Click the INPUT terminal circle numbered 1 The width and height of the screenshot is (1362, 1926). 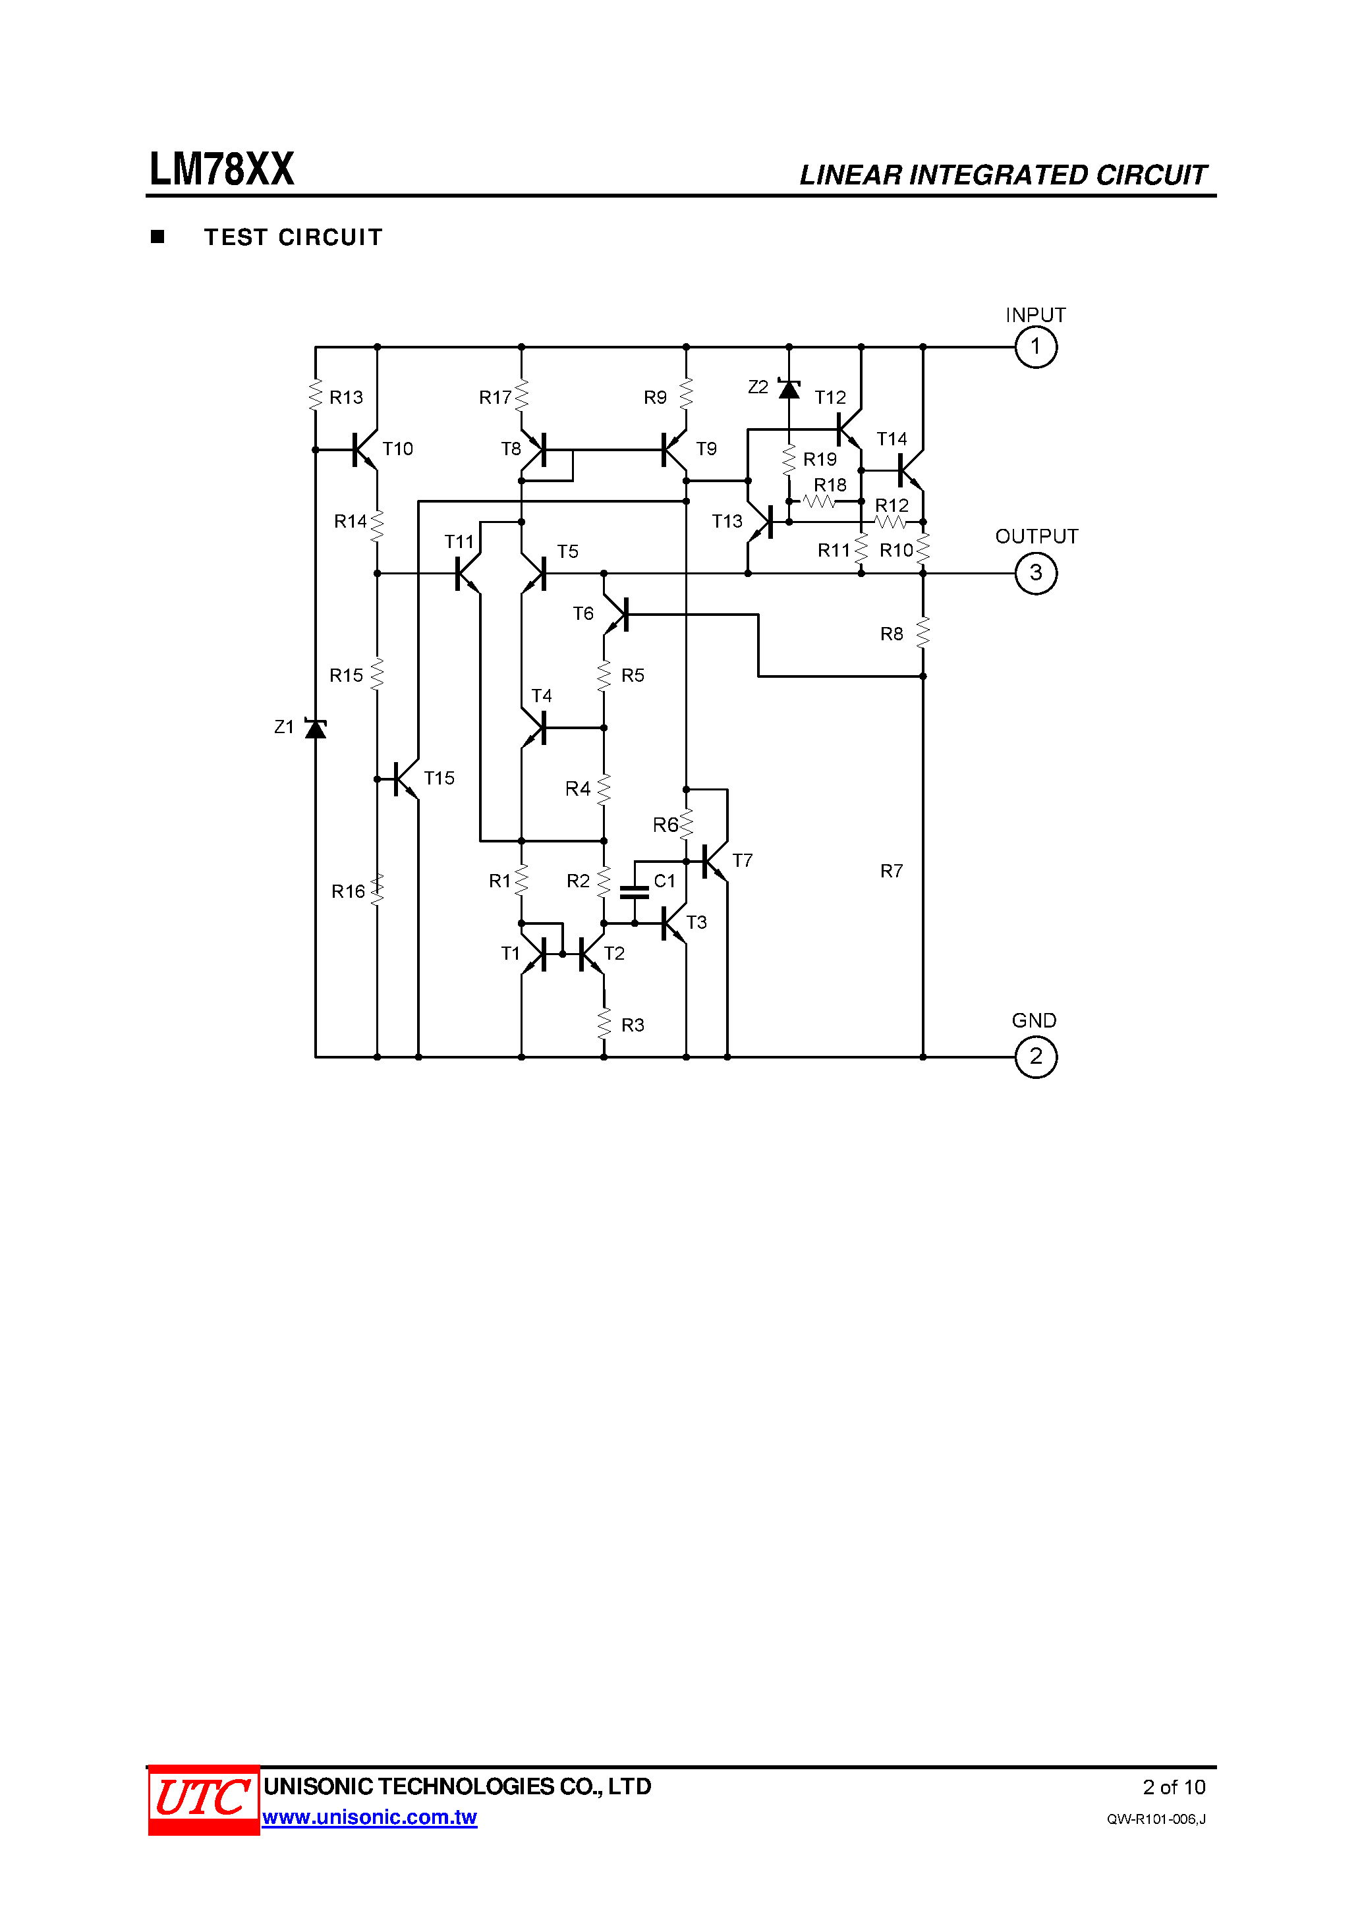(x=1036, y=346)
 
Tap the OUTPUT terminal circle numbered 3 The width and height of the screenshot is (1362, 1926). (x=1036, y=574)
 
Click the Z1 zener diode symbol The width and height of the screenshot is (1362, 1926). (x=316, y=728)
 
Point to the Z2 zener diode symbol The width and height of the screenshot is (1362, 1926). (x=789, y=389)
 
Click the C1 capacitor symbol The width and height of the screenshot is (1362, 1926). (x=635, y=892)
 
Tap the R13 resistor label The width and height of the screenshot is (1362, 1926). (x=346, y=398)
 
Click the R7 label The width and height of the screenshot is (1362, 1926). (x=892, y=871)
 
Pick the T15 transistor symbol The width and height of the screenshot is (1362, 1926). (x=405, y=779)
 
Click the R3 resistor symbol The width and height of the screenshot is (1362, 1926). (x=604, y=1024)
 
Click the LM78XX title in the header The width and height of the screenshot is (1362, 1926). (x=221, y=169)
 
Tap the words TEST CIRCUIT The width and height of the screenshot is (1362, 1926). (x=293, y=237)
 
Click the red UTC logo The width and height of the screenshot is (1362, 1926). (x=203, y=1800)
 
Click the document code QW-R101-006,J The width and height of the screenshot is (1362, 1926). (x=1156, y=1819)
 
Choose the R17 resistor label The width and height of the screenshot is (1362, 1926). (x=495, y=398)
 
